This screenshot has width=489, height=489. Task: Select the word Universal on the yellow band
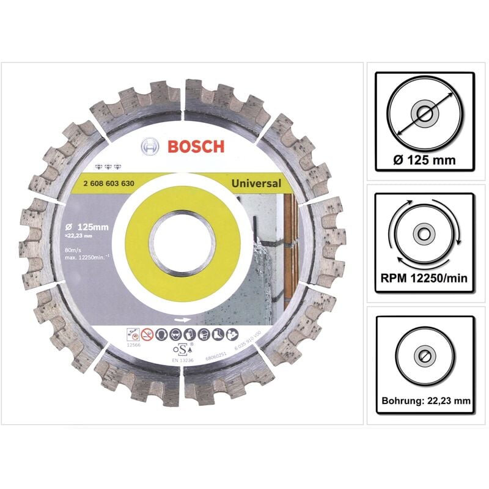(256, 183)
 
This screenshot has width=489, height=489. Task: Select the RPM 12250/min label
(425, 279)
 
